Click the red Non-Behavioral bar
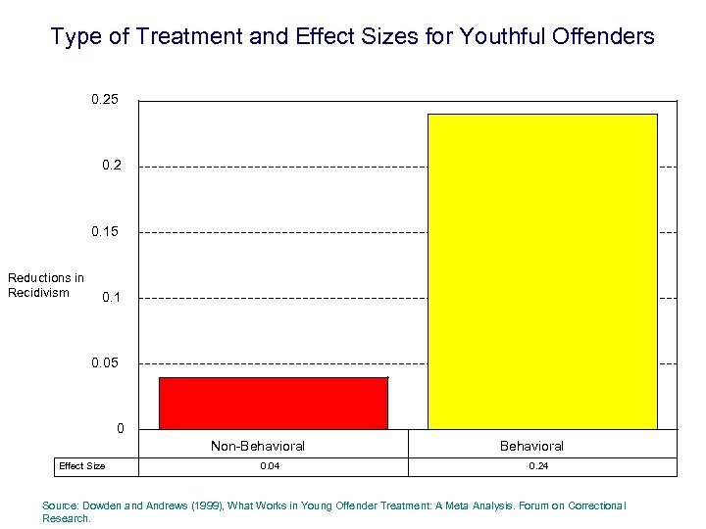(274, 403)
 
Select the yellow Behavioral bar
(542, 271)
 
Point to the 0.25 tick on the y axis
(106, 100)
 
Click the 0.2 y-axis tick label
(112, 166)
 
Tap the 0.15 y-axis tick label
(106, 232)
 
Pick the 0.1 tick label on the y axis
(112, 298)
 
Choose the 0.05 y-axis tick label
(106, 363)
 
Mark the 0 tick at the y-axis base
(121, 429)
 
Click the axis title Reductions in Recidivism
(46, 285)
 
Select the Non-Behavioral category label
(258, 447)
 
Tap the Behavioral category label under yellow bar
(531, 447)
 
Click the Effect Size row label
(82, 466)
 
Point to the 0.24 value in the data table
(538, 466)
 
